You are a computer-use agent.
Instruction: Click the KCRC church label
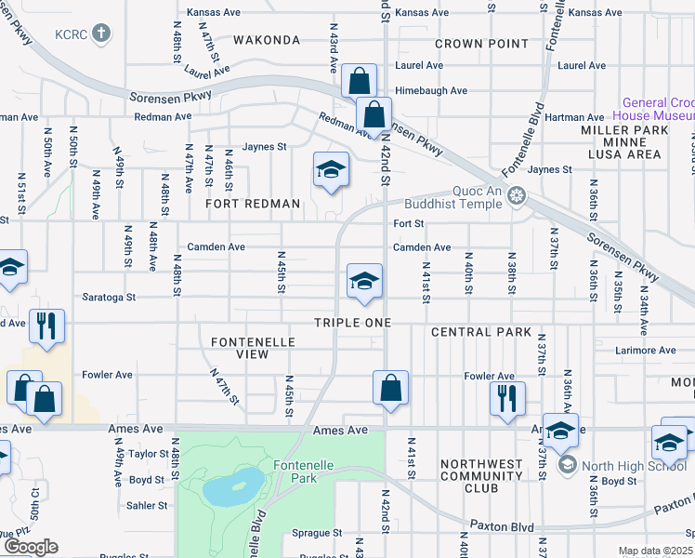tap(70, 33)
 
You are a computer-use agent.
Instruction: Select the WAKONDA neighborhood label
tap(267, 41)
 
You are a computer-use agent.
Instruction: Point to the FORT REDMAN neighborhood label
tap(253, 204)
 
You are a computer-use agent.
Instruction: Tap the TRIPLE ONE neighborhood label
tap(351, 322)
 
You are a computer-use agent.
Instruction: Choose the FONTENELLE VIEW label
tap(253, 349)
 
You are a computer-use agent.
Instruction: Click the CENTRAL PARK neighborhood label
tap(480, 332)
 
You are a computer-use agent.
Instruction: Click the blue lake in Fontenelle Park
tap(229, 486)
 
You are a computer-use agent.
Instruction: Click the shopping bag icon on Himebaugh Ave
tap(359, 80)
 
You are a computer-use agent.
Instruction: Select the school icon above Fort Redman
tap(330, 169)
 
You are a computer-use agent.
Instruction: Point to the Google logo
tap(30, 547)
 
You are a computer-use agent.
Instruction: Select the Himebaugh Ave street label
tap(431, 90)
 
